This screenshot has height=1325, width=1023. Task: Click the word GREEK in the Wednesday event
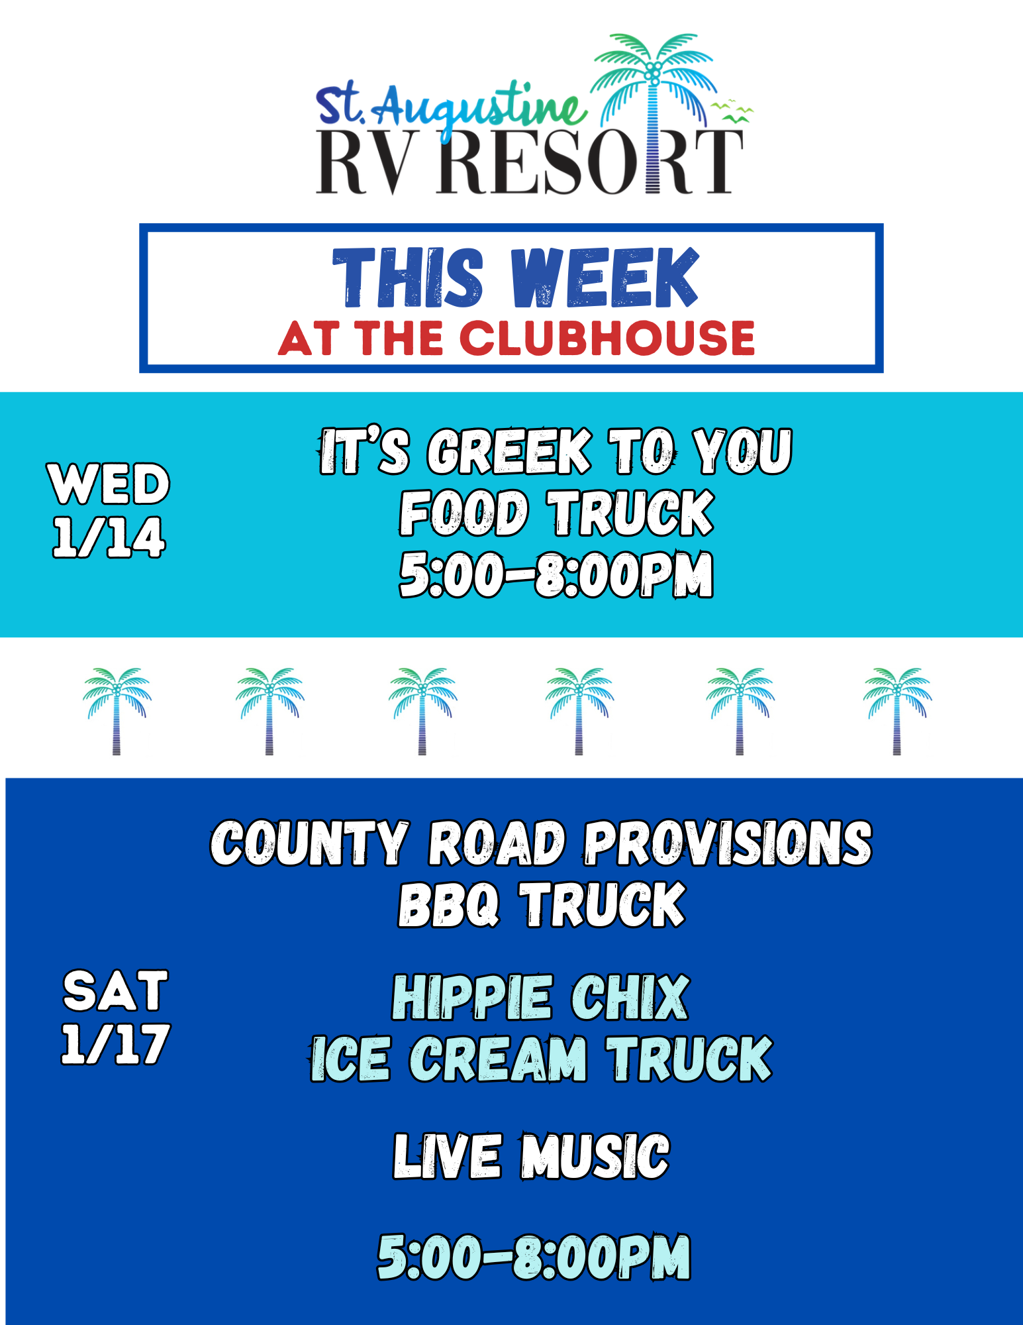pos(509,452)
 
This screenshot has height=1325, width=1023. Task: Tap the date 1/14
pos(109,537)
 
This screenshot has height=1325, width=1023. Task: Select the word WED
pos(109,484)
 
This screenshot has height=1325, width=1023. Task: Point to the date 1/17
pos(115,1045)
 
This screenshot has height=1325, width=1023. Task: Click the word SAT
pos(115,991)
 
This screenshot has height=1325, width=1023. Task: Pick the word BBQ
pos(448,904)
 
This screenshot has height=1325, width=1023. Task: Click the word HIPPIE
pos(471,998)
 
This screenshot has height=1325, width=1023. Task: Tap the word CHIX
pos(630,998)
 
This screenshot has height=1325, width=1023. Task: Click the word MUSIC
pos(595,1157)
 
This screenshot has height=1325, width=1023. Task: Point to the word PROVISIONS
pos(728,843)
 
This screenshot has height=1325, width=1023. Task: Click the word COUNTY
pos(309,843)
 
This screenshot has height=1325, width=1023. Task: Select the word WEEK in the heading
pos(605,278)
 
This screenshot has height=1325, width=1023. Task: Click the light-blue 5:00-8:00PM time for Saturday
pos(534,1257)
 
